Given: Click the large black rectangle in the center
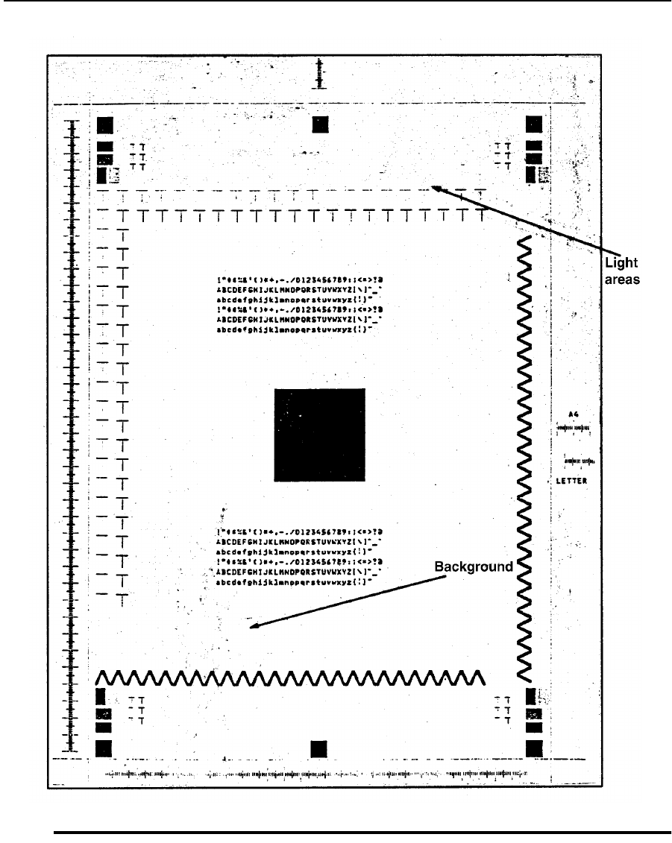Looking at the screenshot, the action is pos(319,434).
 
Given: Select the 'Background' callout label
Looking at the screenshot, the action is pos(474,567).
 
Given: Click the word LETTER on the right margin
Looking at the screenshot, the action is pos(571,482).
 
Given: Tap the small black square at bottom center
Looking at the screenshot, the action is pos(319,748).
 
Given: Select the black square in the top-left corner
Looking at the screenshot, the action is pos(104,124).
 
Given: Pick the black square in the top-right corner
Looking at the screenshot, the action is pos(534,124).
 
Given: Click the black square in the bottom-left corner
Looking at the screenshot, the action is pos(104,748).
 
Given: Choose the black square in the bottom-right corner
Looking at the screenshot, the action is pos(534,748).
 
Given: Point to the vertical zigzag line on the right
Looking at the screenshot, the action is pos(524,455).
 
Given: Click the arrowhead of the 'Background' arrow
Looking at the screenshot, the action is pos(253,627).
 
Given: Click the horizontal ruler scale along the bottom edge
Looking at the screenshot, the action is pos(313,774).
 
